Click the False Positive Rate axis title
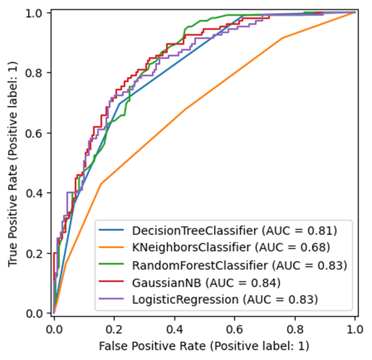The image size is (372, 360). (204, 346)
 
